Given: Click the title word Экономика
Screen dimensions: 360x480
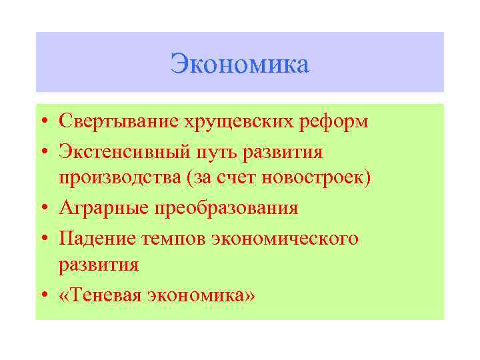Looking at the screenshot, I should tap(239, 65).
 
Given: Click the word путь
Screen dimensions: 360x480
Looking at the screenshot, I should tap(214, 153).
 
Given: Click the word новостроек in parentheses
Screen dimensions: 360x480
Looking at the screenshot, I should tap(316, 179).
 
